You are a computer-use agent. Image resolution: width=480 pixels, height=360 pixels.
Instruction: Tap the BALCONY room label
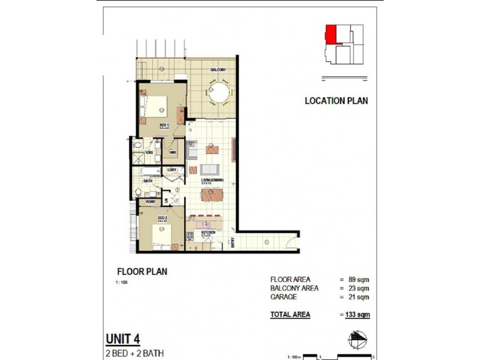pyautogui.click(x=217, y=70)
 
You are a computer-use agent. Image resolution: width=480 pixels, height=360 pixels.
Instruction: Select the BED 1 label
pyautogui.click(x=164, y=125)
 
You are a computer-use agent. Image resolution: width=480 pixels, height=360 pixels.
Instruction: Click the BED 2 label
pyautogui.click(x=162, y=218)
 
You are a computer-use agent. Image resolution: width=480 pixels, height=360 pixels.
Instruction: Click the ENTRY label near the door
pyautogui.click(x=232, y=243)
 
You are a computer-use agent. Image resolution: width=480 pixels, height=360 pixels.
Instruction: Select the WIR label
pyautogui.click(x=173, y=153)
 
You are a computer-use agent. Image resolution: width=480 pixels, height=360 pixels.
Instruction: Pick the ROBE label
pyautogui.click(x=150, y=202)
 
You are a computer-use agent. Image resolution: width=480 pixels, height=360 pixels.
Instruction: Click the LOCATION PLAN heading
pyautogui.click(x=336, y=101)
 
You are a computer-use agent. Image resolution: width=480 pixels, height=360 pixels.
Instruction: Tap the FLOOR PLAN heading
pyautogui.click(x=142, y=271)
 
